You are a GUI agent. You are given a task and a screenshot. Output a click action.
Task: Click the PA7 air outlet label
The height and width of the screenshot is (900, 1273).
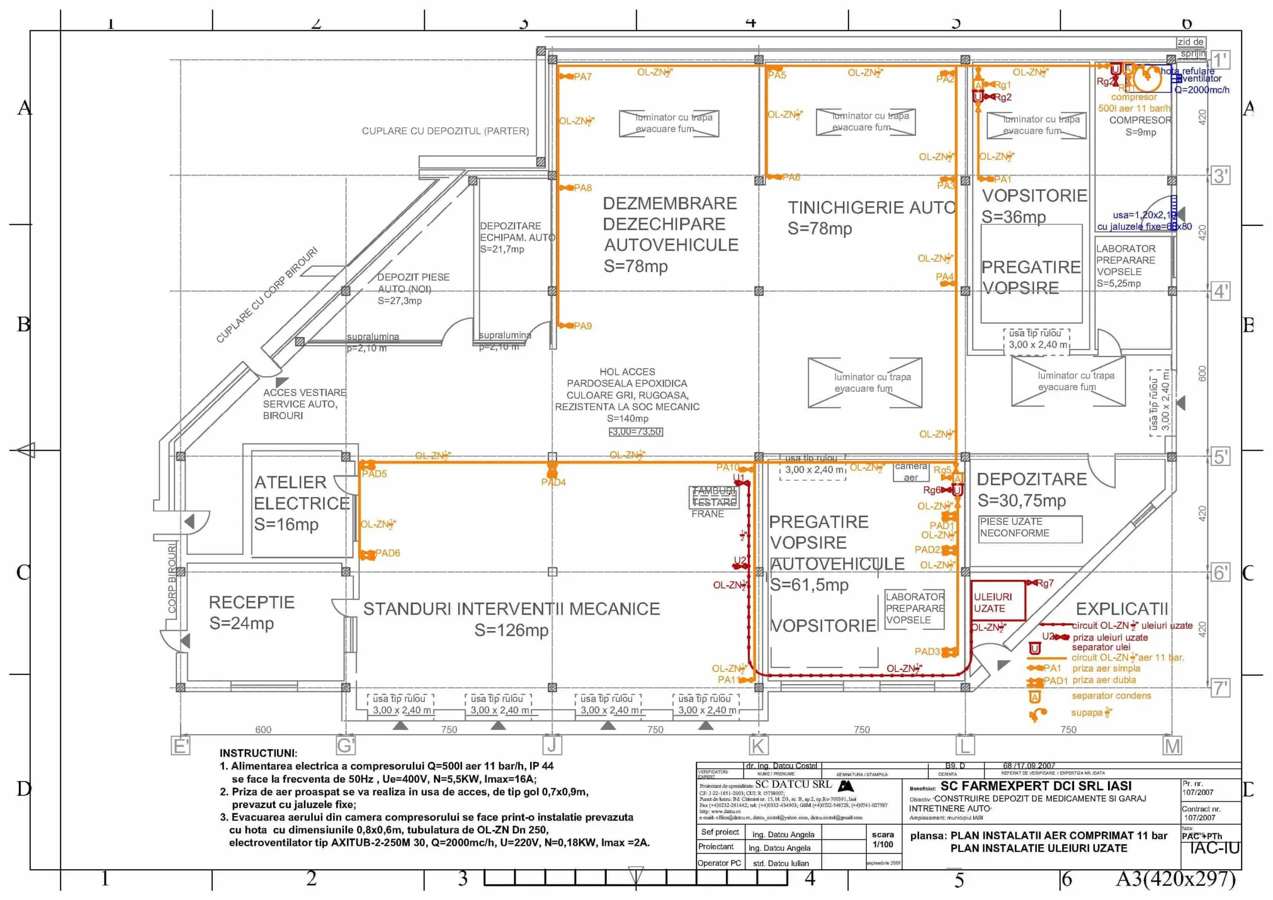coord(583,77)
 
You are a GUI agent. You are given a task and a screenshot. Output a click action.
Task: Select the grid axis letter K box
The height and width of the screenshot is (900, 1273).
coord(758,746)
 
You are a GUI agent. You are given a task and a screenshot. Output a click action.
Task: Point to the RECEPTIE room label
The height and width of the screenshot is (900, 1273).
coord(251,602)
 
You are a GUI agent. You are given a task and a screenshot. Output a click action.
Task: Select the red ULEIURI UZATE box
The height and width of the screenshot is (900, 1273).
coord(998,601)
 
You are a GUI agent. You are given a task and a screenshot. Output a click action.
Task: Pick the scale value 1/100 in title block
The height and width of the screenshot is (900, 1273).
coord(883,844)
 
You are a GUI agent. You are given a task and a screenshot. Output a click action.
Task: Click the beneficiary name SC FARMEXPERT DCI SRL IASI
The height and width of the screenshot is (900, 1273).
coord(1036,786)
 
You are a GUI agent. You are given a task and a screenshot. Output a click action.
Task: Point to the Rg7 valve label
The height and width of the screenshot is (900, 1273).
coord(1045,583)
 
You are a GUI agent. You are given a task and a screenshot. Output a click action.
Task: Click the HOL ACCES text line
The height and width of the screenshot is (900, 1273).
coord(627,371)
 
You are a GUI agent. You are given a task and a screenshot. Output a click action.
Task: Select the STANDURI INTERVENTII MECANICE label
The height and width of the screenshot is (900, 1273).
coord(511,609)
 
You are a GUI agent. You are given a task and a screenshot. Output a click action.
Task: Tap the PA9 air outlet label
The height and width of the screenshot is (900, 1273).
coord(583,326)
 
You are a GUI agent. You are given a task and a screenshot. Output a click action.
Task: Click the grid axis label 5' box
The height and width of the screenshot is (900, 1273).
coord(1220,457)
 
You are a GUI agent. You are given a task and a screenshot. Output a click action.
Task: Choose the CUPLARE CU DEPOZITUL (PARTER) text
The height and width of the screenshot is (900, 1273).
coord(445,131)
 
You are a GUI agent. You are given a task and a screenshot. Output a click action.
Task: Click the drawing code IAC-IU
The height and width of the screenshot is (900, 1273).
coord(1214,848)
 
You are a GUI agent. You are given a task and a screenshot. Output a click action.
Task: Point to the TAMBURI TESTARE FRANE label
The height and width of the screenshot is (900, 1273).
coord(714,497)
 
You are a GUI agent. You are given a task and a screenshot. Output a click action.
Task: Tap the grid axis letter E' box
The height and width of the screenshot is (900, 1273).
coord(181,746)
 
